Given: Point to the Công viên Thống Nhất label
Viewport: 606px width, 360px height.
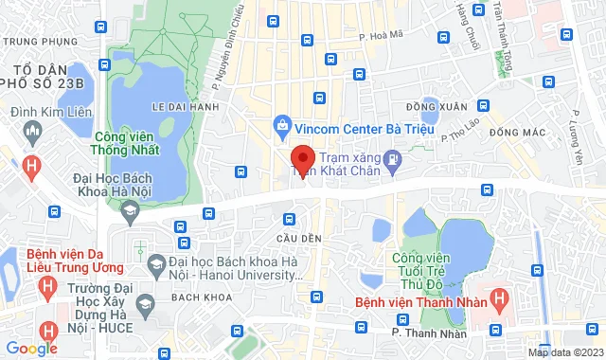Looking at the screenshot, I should (126, 142).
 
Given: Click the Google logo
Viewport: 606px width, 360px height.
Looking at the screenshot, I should (30, 348).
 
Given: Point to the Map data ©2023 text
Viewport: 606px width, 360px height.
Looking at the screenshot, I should (564, 352).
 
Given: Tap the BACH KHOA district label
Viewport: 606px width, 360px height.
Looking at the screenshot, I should (200, 297).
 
